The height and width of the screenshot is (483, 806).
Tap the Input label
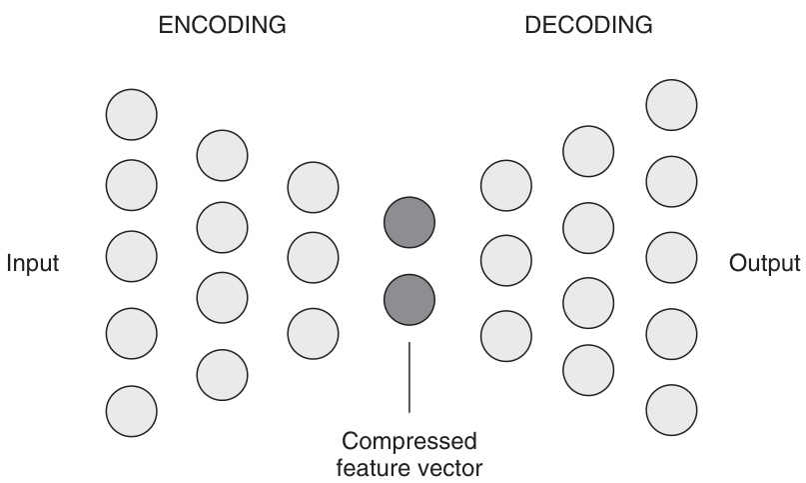click(x=33, y=264)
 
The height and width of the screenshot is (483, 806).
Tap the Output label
click(x=765, y=264)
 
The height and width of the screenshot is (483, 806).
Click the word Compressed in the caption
click(x=409, y=441)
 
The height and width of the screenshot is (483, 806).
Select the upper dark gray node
click(x=409, y=222)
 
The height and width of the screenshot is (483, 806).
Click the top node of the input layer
click(x=131, y=113)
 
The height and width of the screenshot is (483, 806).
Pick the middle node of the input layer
click(x=131, y=256)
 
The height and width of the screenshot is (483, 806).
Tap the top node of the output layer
click(x=671, y=104)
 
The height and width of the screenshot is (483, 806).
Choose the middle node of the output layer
click(x=671, y=257)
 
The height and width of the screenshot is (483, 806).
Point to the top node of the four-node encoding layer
click(x=222, y=154)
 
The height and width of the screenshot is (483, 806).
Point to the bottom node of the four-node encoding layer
click(x=222, y=374)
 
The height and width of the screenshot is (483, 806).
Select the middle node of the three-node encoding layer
click(x=313, y=257)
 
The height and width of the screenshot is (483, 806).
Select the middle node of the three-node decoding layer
click(x=505, y=260)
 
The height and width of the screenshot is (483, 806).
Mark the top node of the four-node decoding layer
click(x=588, y=150)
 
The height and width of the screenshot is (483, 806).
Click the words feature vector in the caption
click(x=409, y=466)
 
